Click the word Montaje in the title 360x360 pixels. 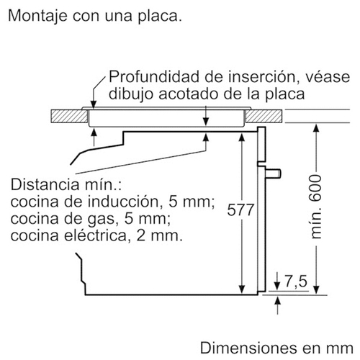[x=37, y=16]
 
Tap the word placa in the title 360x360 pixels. [x=159, y=16]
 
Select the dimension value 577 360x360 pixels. [x=240, y=210]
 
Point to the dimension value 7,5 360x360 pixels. [x=296, y=281]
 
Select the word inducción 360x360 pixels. [x=123, y=202]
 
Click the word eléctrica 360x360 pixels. [x=96, y=235]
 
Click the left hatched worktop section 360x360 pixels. [x=69, y=116]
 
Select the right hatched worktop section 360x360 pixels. [x=264, y=116]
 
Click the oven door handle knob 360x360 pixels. [x=274, y=174]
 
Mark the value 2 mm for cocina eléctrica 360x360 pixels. [x=159, y=235]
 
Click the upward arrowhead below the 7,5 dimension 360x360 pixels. [x=278, y=300]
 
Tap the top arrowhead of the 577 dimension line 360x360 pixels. [x=242, y=138]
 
